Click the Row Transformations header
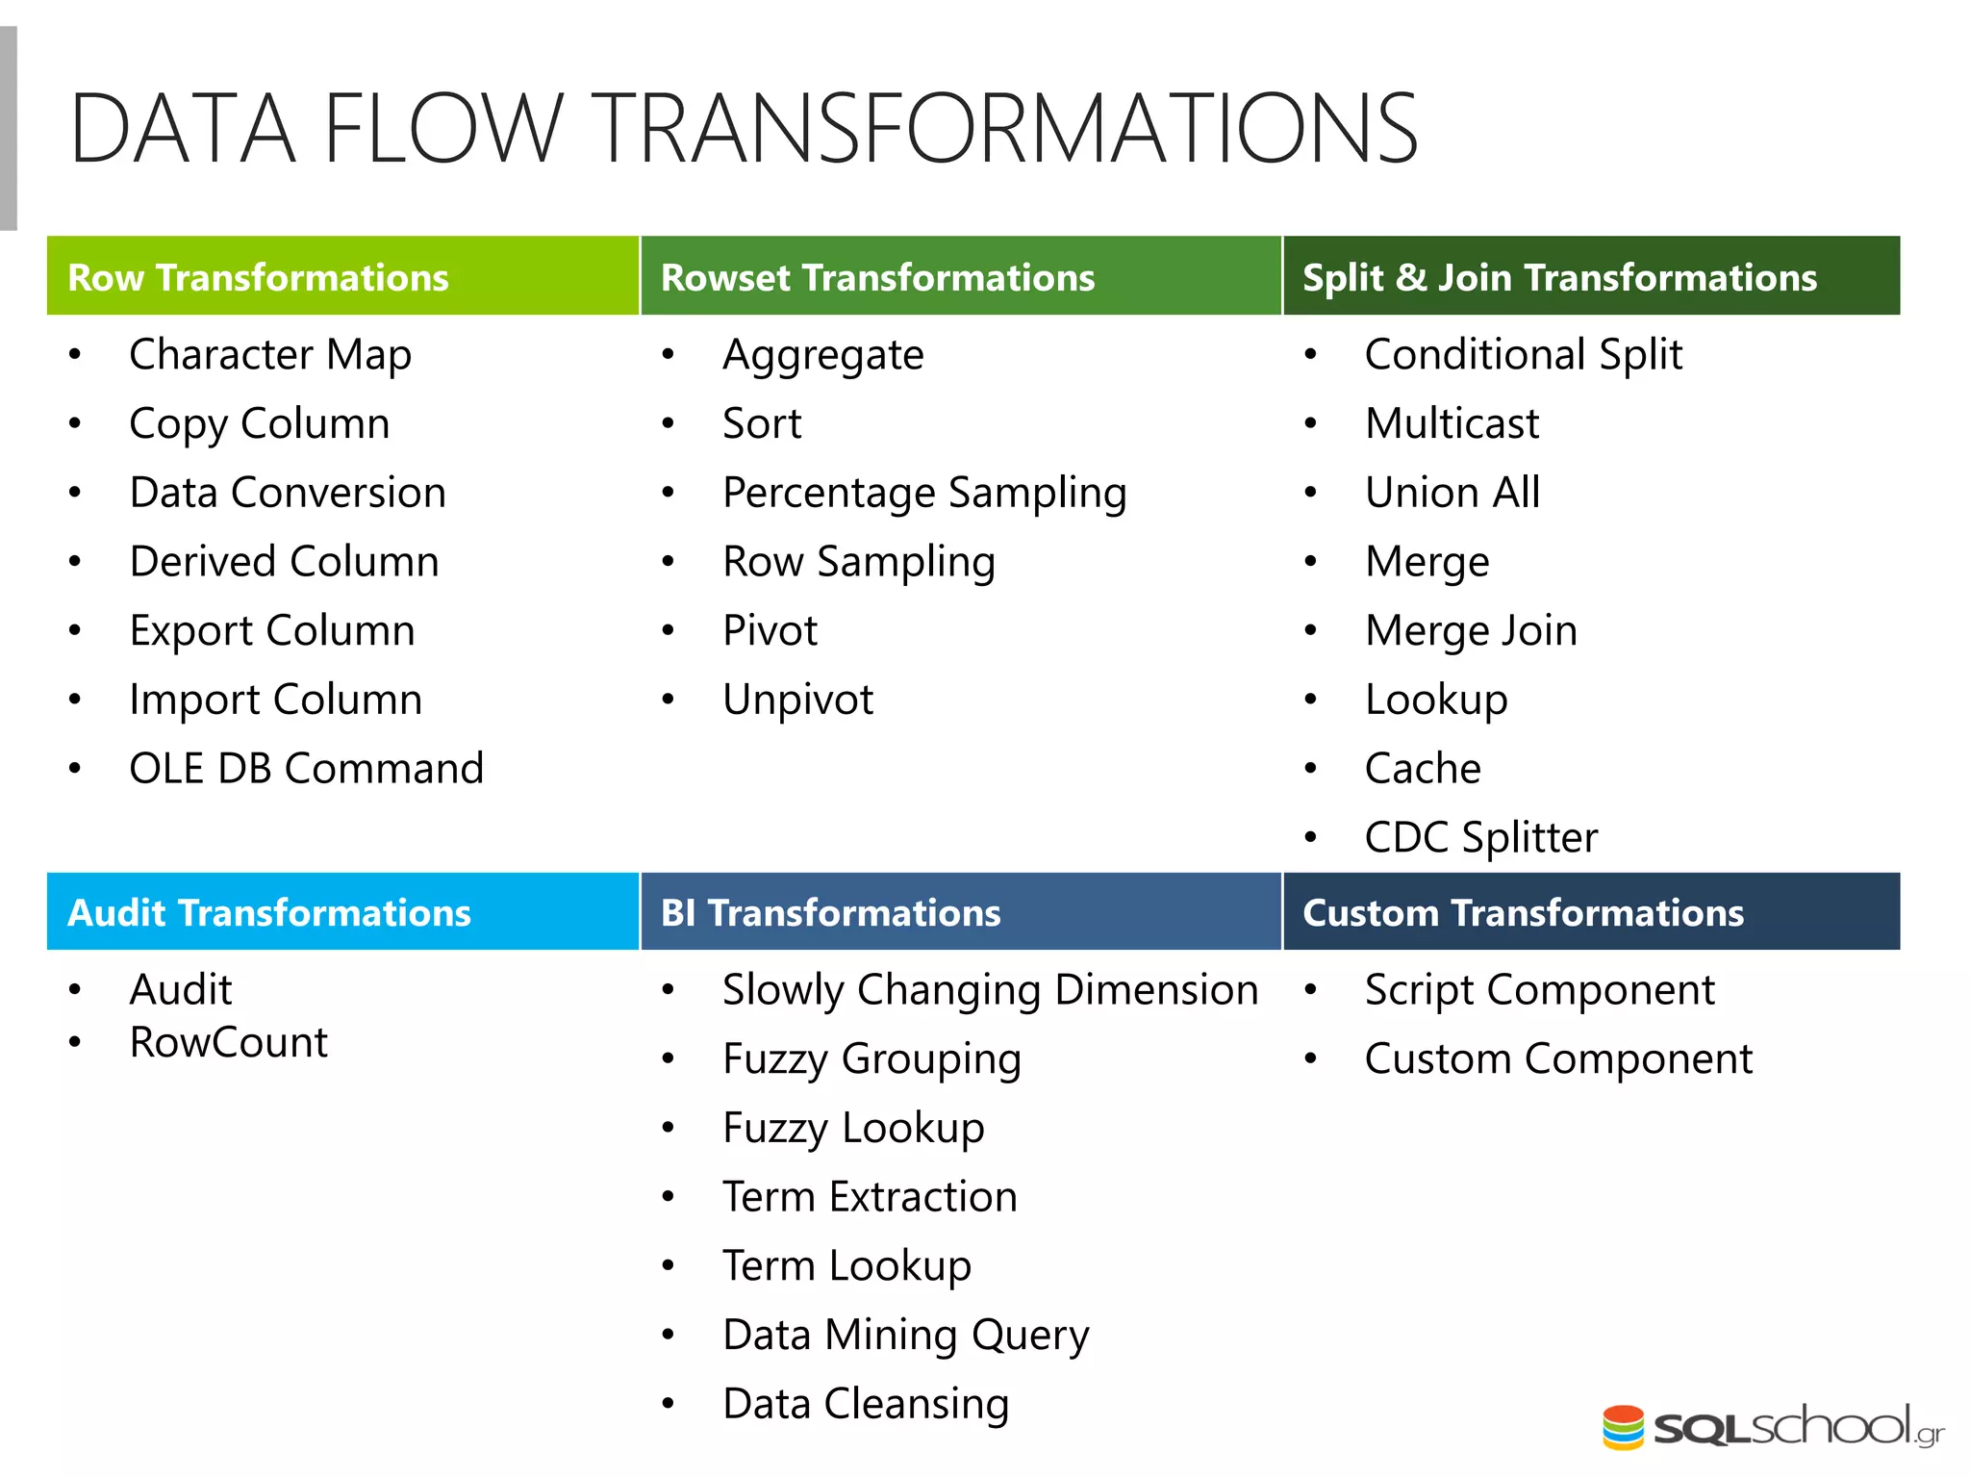coord(258,277)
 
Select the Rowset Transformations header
coord(877,277)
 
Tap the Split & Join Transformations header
coord(1559,277)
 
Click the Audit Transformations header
coord(269,912)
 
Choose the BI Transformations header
coord(830,912)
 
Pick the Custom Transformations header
coord(1523,912)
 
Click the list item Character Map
coord(270,354)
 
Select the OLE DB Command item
coord(306,768)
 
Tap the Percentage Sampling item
coord(923,493)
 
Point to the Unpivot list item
coord(797,700)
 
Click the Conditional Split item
coord(1523,354)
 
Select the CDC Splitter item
coord(1480,837)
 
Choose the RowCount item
coord(229,1042)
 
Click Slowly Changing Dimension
coord(990,989)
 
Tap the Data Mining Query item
coord(905,1335)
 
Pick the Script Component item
coord(1539,989)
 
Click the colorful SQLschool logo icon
coord(1623,1427)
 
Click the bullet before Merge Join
coord(1310,630)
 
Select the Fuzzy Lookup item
coord(853,1128)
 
